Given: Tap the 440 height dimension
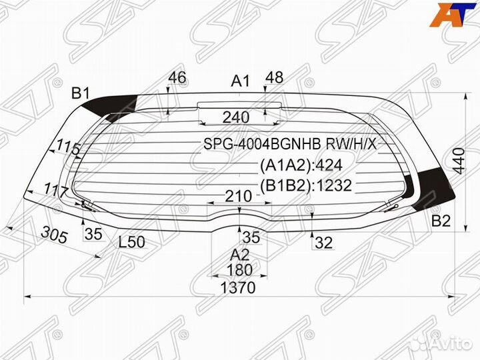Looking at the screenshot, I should (x=458, y=160).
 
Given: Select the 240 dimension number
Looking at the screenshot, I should (x=236, y=118).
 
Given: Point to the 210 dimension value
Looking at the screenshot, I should (x=238, y=197).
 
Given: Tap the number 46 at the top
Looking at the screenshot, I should (x=177, y=77).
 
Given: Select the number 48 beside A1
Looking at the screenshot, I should (x=274, y=77).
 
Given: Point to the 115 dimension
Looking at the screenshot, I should (x=68, y=148).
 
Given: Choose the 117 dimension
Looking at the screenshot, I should (x=57, y=191).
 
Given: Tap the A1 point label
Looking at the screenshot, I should (x=240, y=81).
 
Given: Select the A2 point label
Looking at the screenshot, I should (x=239, y=254).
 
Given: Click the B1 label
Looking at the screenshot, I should (x=81, y=94).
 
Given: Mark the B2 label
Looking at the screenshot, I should (x=441, y=221).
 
